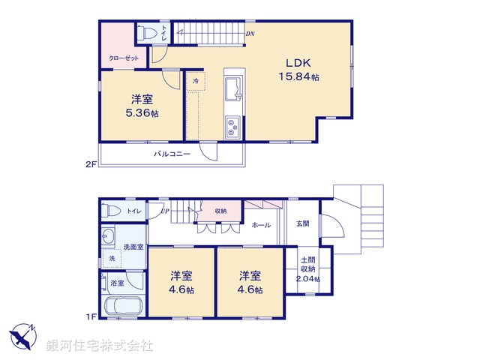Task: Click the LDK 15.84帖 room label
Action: click(299, 70)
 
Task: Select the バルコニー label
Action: click(172, 154)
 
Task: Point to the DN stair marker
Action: click(250, 34)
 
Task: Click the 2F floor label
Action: click(91, 162)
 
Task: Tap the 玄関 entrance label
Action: click(302, 223)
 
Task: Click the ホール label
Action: click(261, 225)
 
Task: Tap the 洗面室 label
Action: click(133, 247)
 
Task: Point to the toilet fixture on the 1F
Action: click(109, 211)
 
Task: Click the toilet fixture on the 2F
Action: click(145, 33)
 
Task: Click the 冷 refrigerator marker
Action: click(196, 81)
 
